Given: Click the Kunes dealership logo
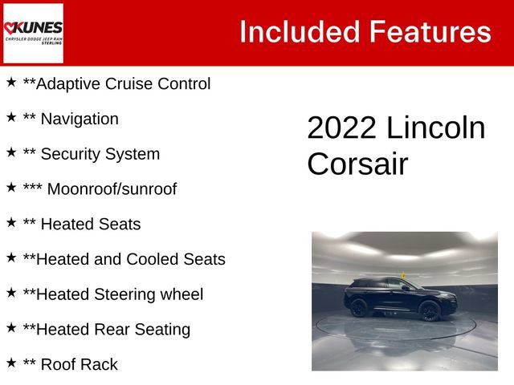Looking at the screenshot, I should click(x=33, y=33).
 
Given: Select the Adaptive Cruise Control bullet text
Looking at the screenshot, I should click(x=116, y=83).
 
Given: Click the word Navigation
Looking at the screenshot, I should click(x=79, y=119).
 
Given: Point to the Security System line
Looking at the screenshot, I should click(x=91, y=154).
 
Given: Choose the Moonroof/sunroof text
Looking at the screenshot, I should click(x=112, y=189).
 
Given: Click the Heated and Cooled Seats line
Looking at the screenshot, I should click(x=124, y=259).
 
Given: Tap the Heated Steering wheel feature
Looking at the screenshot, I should click(x=112, y=294).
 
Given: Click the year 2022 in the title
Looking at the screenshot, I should click(x=342, y=128).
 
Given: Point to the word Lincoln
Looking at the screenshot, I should click(x=436, y=128).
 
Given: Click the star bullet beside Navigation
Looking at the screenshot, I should click(x=11, y=117).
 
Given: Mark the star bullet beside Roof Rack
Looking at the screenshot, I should click(x=11, y=363).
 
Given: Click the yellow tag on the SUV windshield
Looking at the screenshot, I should click(x=405, y=277).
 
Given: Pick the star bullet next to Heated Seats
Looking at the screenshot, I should click(x=11, y=222).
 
